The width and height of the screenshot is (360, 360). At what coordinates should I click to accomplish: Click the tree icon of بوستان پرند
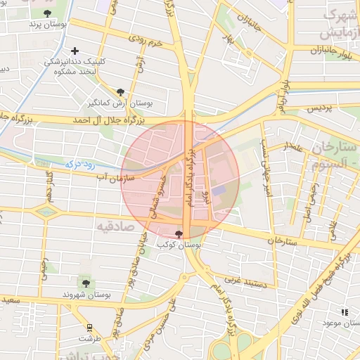pos(47,13)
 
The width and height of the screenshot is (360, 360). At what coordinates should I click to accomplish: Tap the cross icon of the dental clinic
pos(75,51)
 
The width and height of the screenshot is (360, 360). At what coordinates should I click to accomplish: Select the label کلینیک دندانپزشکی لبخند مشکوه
pos(75,66)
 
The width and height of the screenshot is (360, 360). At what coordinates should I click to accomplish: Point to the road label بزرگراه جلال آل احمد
pos(112,121)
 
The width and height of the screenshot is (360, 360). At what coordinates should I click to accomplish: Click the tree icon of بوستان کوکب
pos(178,233)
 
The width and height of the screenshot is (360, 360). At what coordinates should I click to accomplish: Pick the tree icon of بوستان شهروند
pos(86,283)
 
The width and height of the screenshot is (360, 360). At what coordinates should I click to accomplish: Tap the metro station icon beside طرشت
pos(89,327)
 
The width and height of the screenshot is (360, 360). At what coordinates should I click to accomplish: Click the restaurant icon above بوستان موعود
pos(344,311)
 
